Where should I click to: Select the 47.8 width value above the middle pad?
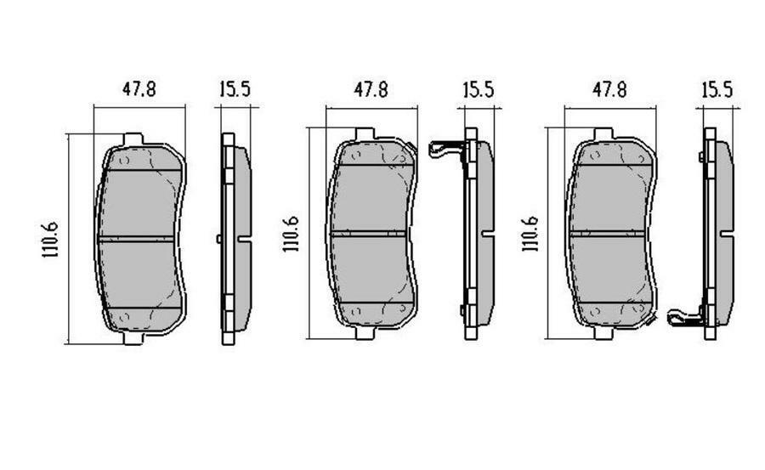point(371,89)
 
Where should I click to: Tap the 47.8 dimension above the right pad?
point(609,89)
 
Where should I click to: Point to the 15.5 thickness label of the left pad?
point(234,89)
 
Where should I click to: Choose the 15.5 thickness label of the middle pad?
point(478,89)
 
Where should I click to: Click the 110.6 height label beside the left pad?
point(50,239)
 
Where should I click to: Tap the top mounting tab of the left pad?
point(133,139)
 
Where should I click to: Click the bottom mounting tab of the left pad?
point(133,338)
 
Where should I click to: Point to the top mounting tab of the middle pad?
point(364,134)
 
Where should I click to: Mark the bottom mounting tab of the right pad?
point(603,333)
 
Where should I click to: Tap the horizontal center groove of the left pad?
point(139,239)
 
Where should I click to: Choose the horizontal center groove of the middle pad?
point(372,233)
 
